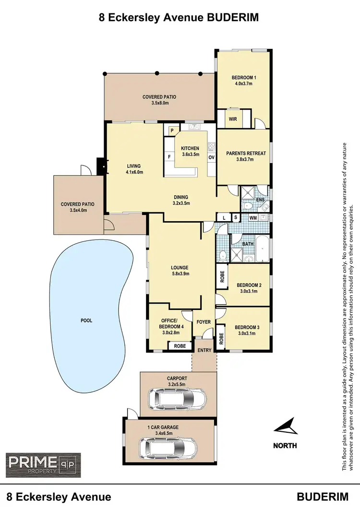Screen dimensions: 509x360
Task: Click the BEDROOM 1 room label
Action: pyautogui.click(x=244, y=77)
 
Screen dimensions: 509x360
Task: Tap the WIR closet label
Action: pyautogui.click(x=233, y=118)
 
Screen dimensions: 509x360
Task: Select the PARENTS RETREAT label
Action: pyautogui.click(x=246, y=154)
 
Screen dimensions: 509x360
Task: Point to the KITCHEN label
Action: pyautogui.click(x=190, y=148)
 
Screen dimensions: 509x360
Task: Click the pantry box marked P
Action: pyautogui.click(x=171, y=130)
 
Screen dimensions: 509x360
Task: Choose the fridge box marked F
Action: pyautogui.click(x=169, y=156)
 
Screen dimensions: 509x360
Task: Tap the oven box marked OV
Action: pyautogui.click(x=211, y=157)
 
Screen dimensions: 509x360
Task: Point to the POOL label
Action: pyautogui.click(x=86, y=320)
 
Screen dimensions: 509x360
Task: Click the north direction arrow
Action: pyautogui.click(x=285, y=426)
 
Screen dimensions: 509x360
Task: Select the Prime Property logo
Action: pyautogui.click(x=43, y=463)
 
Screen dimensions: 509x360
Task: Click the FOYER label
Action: pyautogui.click(x=204, y=321)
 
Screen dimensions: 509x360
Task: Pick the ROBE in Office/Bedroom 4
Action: pyautogui.click(x=180, y=345)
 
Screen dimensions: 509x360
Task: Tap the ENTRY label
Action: pyautogui.click(x=204, y=350)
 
